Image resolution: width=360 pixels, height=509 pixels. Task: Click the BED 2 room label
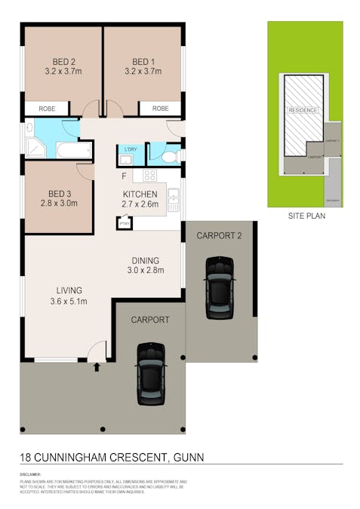click(63, 62)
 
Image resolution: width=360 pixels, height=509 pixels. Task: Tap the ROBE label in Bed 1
click(160, 109)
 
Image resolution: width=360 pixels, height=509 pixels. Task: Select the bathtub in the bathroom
click(73, 152)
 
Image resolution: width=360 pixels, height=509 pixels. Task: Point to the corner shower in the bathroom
click(35, 147)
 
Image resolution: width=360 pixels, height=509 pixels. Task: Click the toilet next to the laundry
click(171, 156)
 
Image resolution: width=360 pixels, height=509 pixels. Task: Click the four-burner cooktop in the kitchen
click(149, 176)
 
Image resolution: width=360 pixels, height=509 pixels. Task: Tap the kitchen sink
click(174, 200)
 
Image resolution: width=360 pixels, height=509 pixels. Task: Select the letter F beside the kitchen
click(125, 176)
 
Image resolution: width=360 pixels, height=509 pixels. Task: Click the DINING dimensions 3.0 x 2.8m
click(145, 270)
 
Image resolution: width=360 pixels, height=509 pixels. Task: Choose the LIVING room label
click(69, 290)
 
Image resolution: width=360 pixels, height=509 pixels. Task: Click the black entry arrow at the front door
click(97, 368)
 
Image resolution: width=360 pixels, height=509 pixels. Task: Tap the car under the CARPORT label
click(150, 373)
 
